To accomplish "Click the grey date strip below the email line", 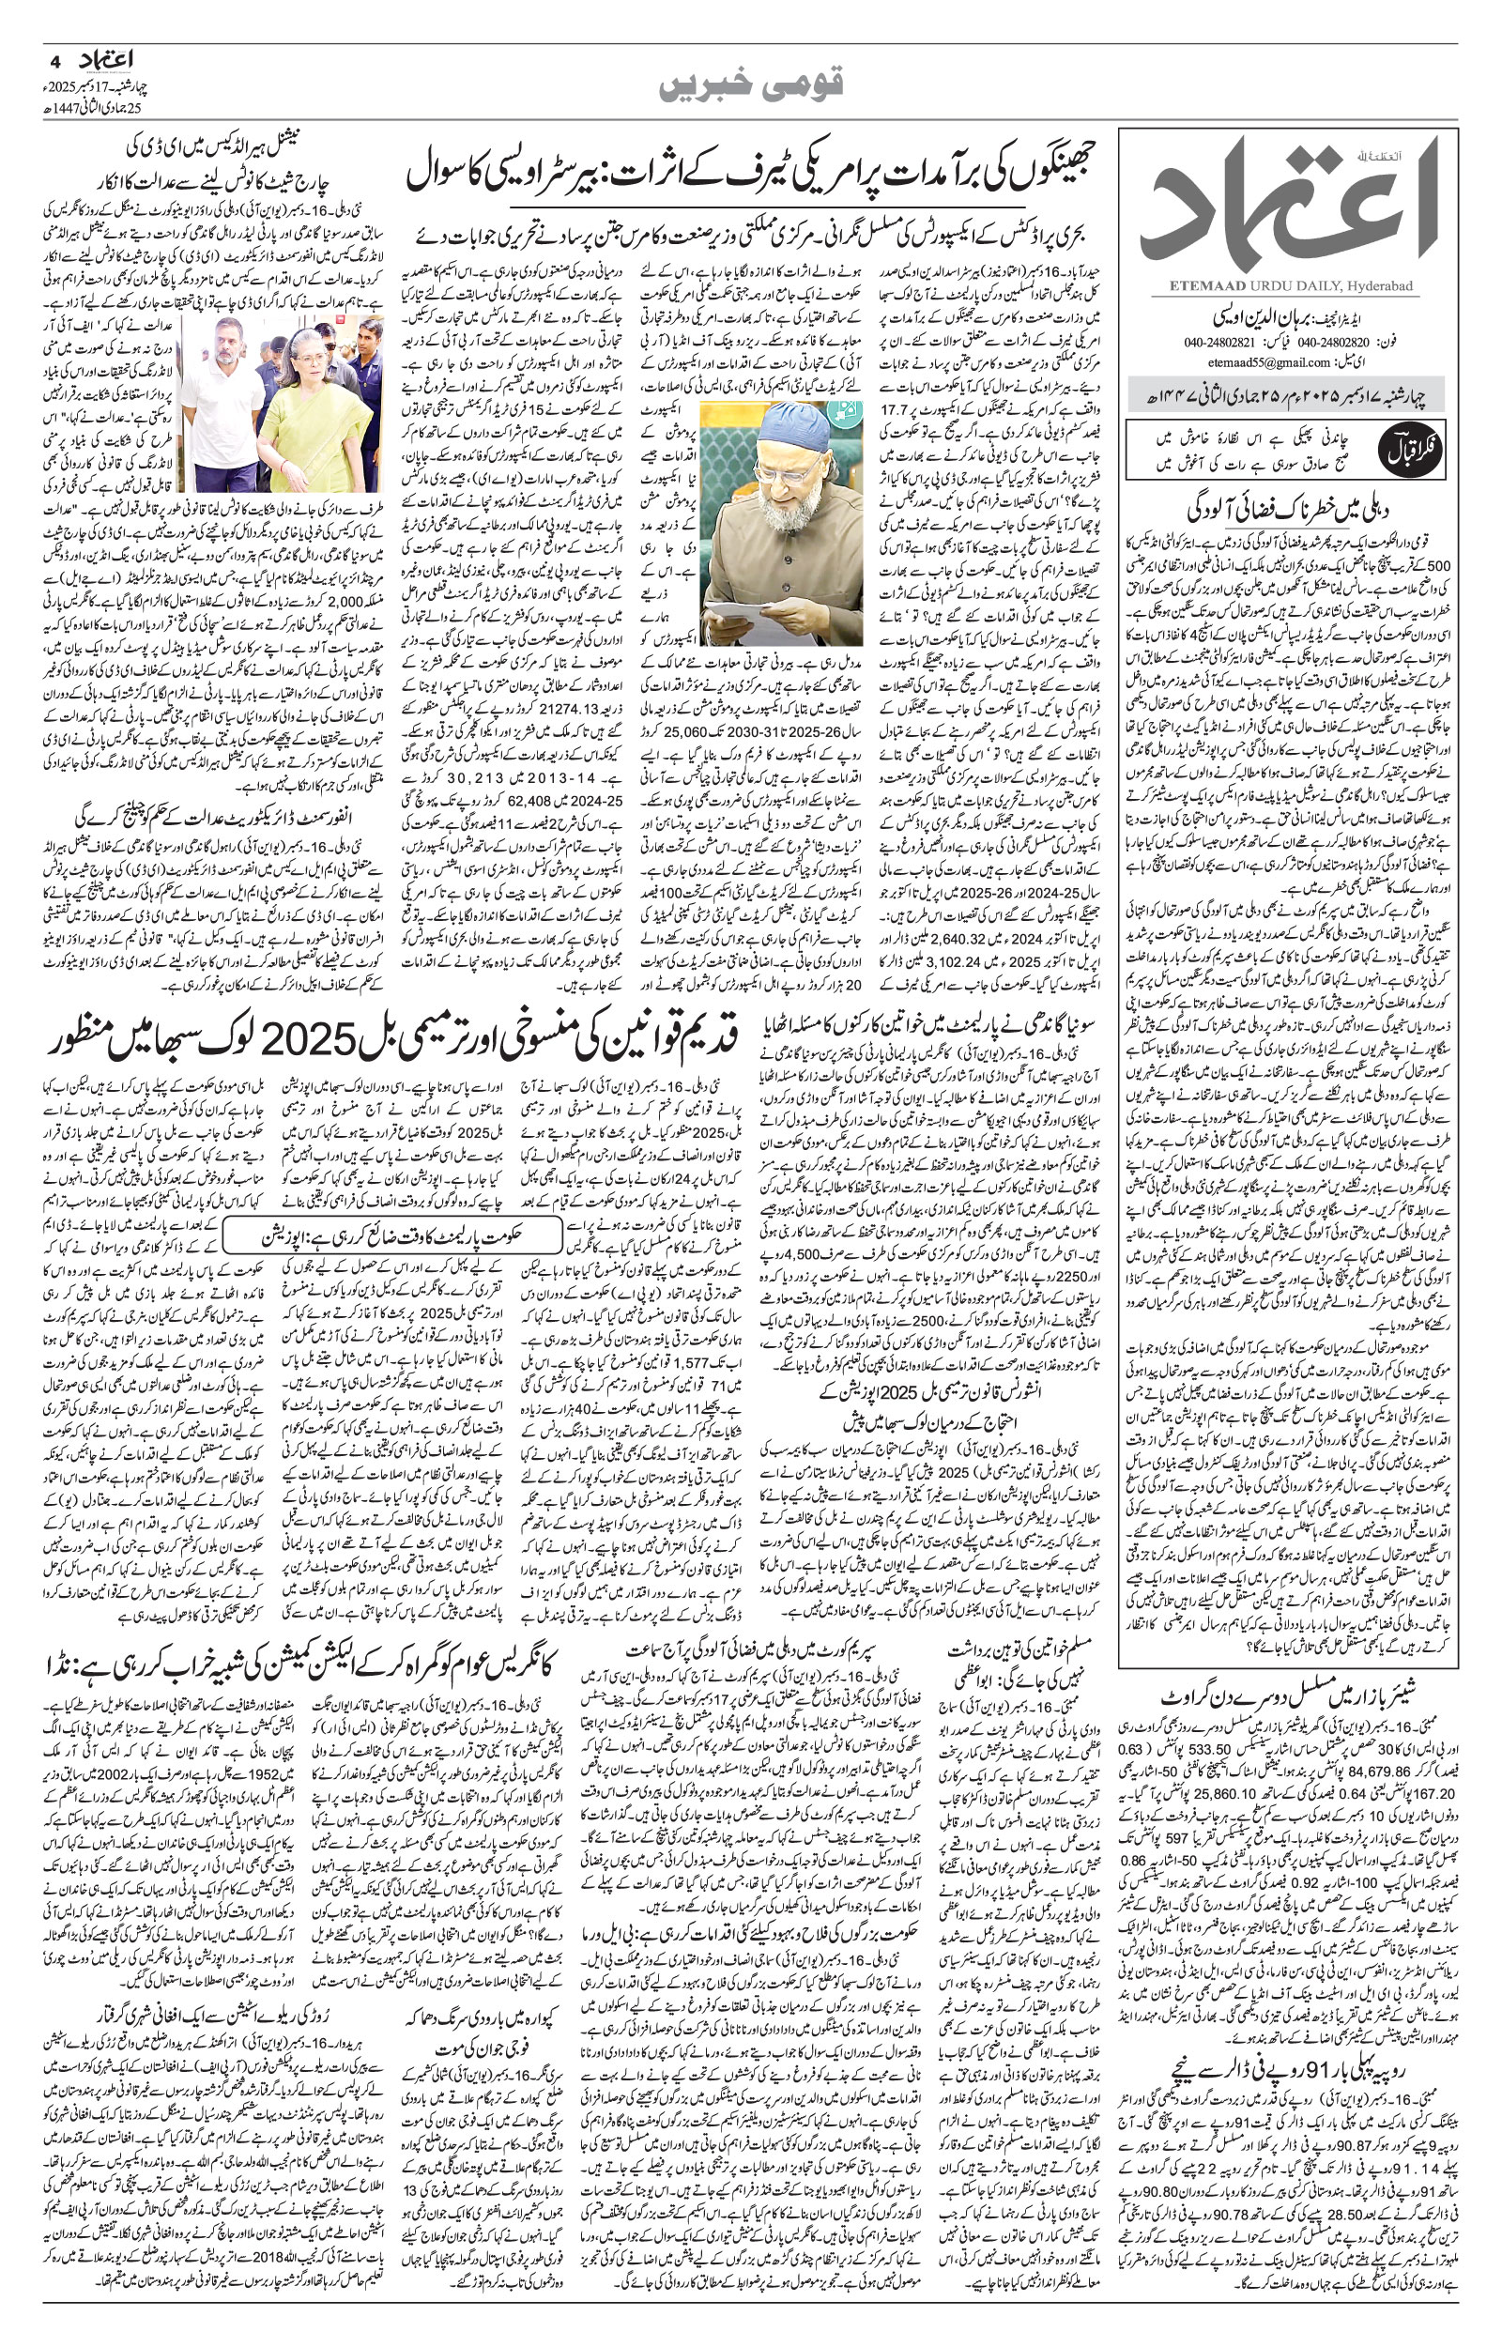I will pos(1286,400).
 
